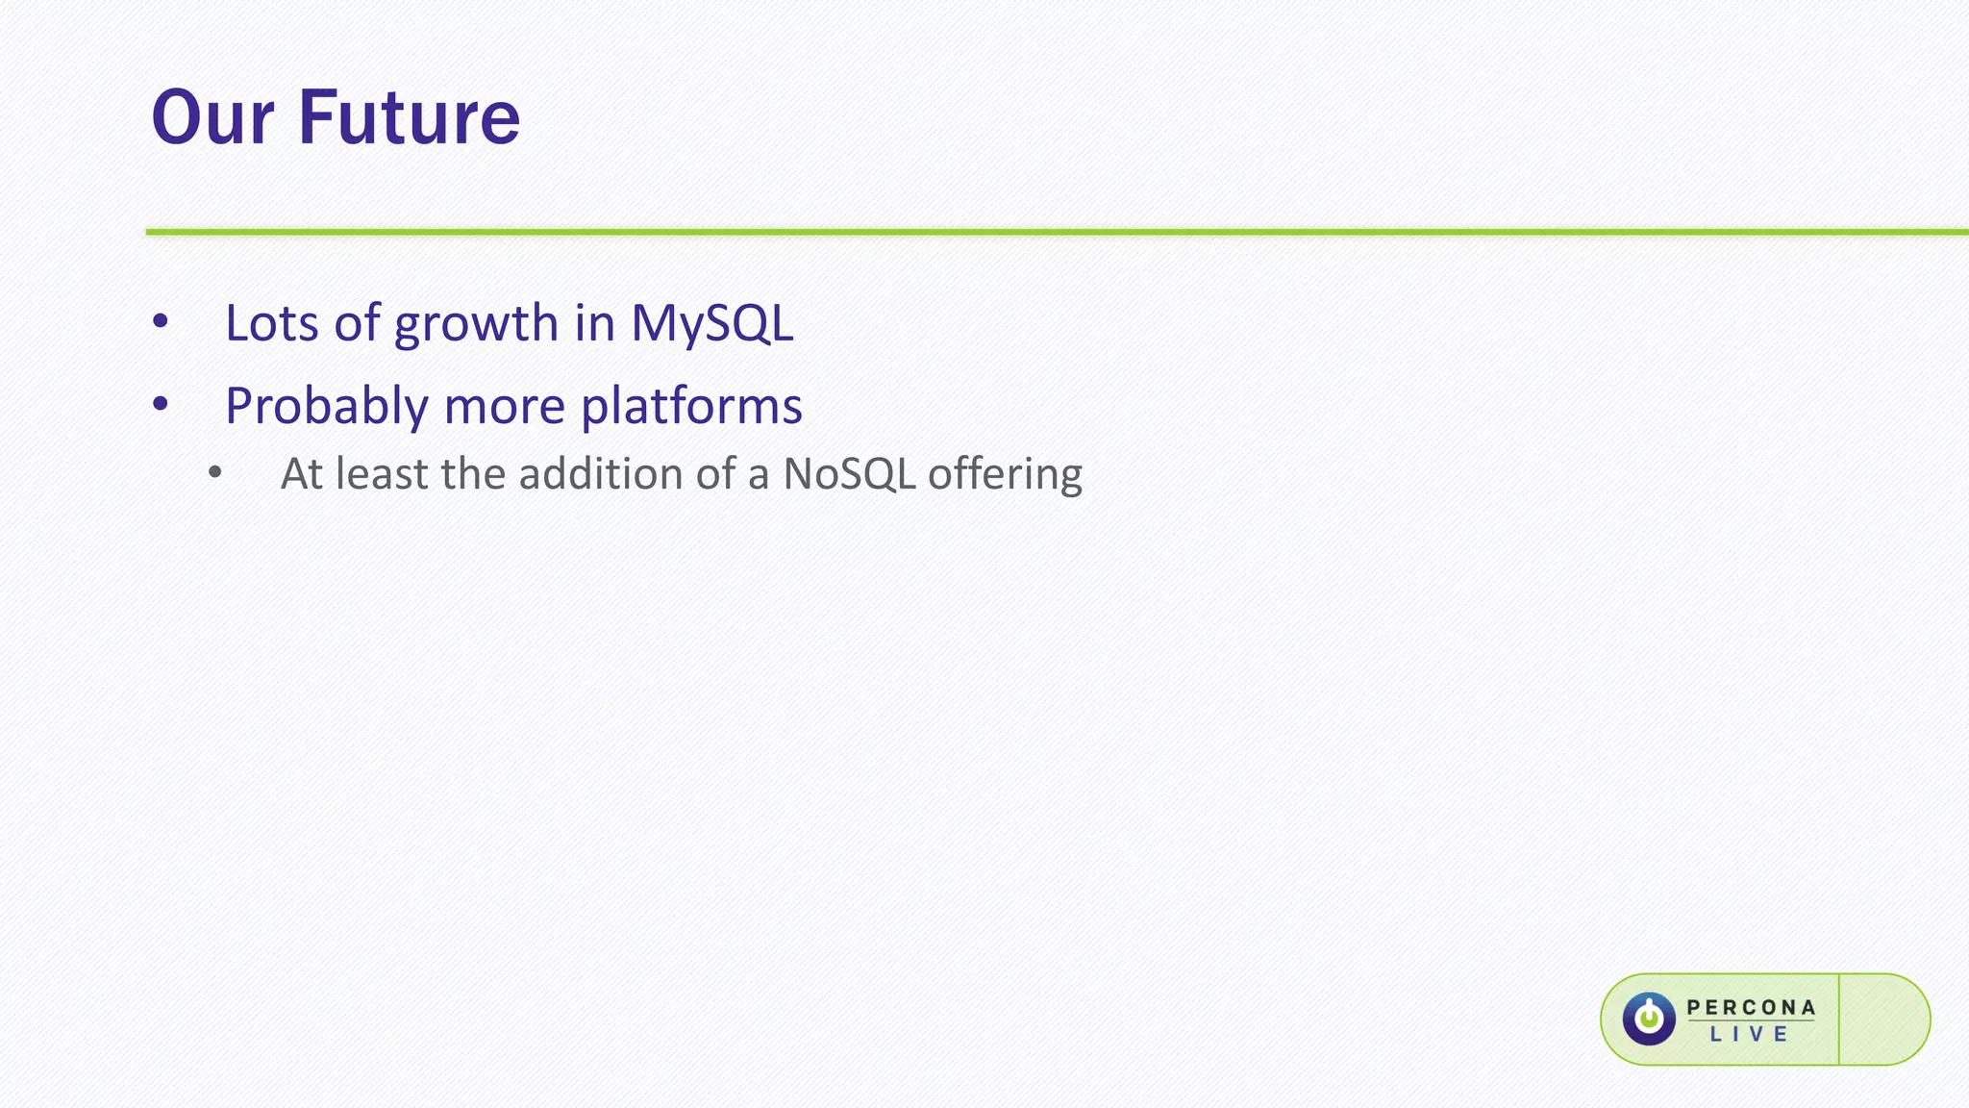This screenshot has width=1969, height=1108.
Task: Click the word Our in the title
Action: [x=212, y=117]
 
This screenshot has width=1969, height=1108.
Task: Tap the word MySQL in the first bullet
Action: [x=711, y=323]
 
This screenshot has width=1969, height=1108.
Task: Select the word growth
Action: [x=476, y=323]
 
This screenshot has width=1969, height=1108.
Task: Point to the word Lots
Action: [x=270, y=323]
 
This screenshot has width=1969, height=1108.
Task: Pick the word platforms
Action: [x=691, y=406]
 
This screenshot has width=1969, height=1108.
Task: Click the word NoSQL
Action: [x=848, y=474]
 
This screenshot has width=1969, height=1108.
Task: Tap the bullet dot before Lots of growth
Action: [x=161, y=322]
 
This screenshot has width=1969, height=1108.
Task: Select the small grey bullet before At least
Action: [x=215, y=472]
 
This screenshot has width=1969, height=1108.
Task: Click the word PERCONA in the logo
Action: [x=1751, y=1007]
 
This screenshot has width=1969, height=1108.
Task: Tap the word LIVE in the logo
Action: [x=1750, y=1035]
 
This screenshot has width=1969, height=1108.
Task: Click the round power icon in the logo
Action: [x=1649, y=1019]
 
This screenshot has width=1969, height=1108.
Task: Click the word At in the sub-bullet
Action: [x=301, y=474]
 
